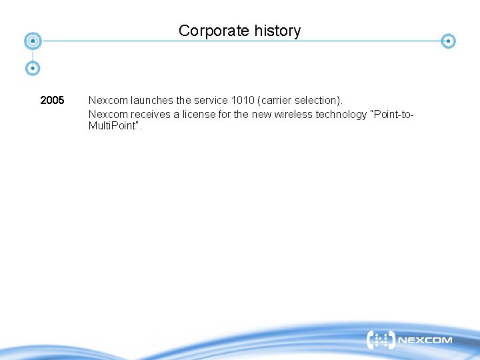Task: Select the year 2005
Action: [52, 101]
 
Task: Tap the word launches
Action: [152, 101]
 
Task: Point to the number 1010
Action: [243, 101]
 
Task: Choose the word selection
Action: [319, 101]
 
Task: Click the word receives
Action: [151, 114]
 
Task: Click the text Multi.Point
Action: [113, 126]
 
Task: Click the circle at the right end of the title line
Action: [449, 41]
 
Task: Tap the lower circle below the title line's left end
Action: [32, 68]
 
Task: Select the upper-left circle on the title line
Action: [32, 41]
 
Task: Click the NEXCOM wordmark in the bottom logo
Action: [425, 341]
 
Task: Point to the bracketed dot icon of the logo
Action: [381, 340]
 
